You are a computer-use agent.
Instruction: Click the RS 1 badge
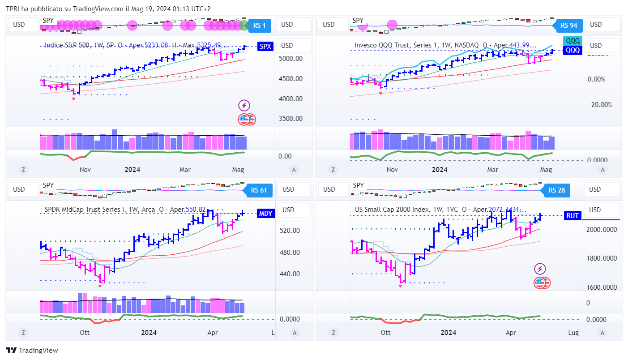259,26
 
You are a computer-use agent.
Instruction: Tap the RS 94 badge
569,26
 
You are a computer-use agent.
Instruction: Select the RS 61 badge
258,190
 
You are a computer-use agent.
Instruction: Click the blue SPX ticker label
265,46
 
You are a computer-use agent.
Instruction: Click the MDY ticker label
265,214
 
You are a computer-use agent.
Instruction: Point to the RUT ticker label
572,216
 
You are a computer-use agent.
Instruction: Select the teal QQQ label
572,41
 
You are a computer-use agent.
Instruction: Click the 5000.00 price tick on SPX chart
290,59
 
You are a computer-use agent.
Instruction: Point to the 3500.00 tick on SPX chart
290,119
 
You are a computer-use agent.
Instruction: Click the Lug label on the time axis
573,333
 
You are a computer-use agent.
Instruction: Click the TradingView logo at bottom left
32,351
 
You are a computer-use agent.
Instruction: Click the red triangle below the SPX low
73,99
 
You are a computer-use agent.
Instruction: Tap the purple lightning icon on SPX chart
244,106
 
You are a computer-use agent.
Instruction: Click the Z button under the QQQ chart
333,170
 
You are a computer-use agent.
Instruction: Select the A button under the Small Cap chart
602,333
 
